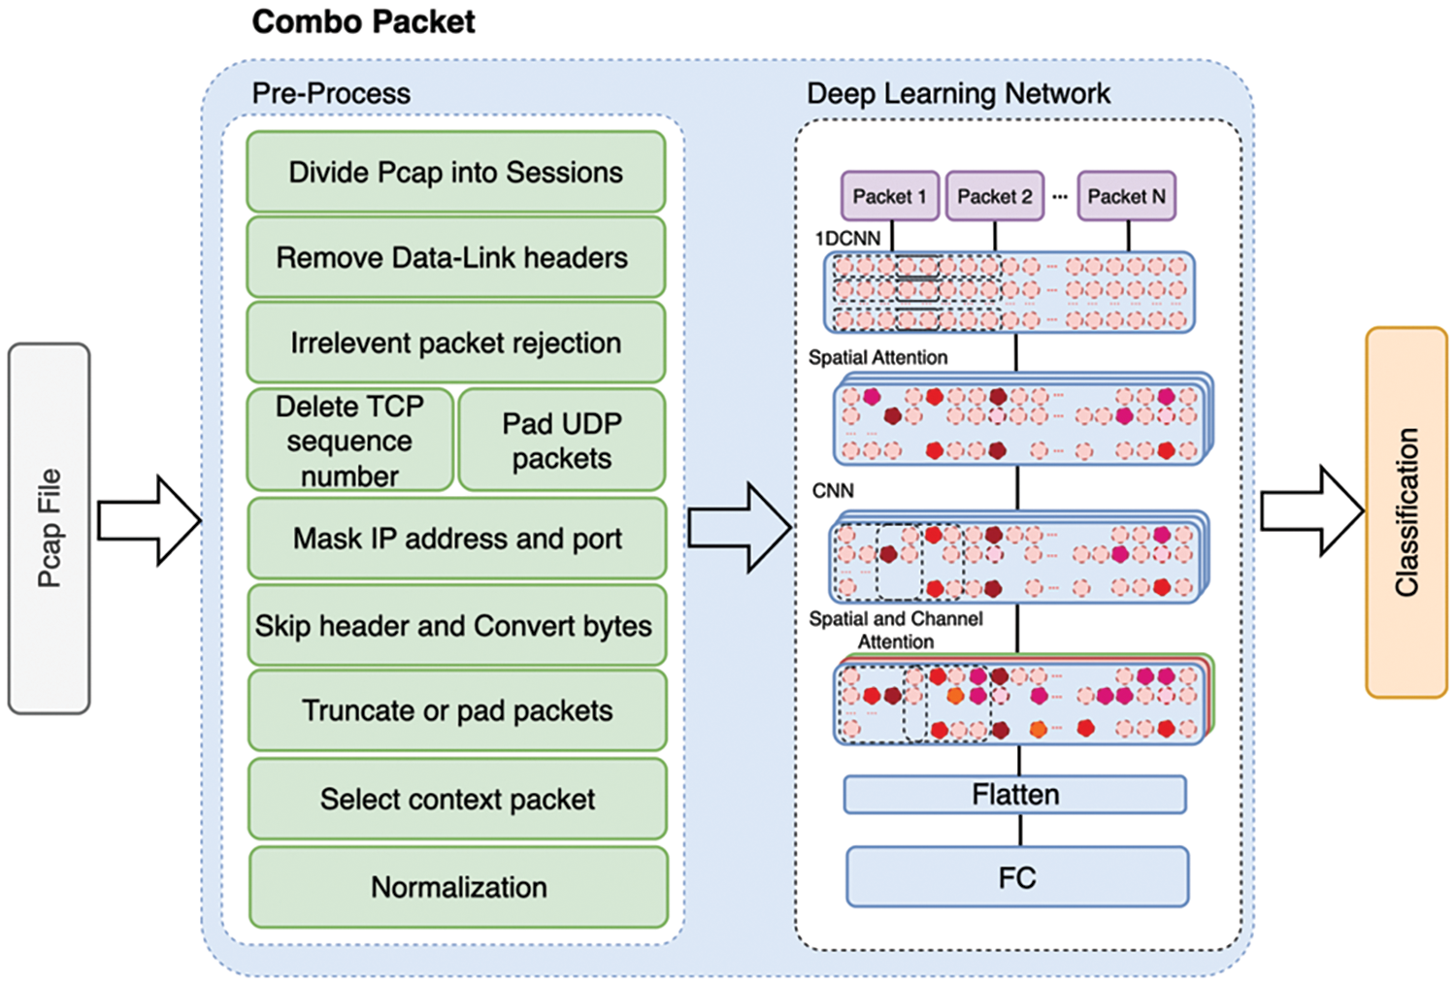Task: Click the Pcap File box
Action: coord(50,528)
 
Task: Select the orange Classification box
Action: coord(1406,512)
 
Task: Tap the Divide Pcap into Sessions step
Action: coord(455,172)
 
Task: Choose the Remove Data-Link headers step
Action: coord(455,257)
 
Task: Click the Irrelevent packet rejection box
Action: coord(455,343)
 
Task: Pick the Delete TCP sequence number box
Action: coord(349,440)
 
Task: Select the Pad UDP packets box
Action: coord(562,440)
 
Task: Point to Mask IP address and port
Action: coord(457,539)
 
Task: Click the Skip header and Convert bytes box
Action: coord(457,625)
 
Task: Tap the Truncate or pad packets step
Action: coord(457,710)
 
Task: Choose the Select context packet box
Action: coord(457,799)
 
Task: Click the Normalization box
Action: coord(458,887)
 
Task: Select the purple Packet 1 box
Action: coord(889,196)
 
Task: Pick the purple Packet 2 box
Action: coord(994,196)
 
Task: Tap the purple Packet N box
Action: coord(1126,196)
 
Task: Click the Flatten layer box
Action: coord(1015,795)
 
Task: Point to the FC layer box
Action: coord(1017,877)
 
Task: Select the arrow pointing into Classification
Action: coord(1311,511)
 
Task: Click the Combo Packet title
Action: coord(363,21)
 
